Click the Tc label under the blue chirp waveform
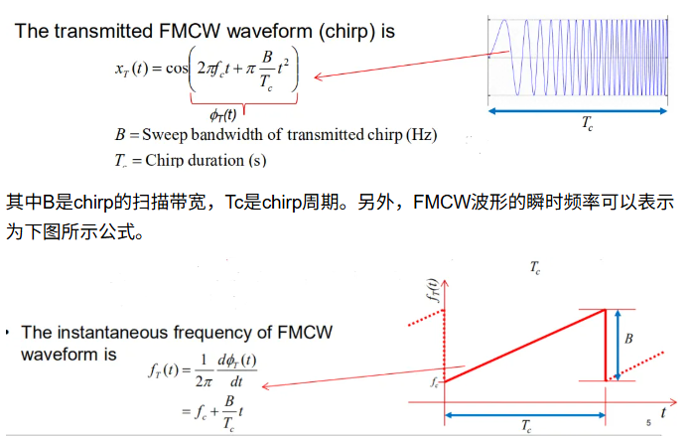pos(588,126)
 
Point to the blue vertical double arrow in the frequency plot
pos(617,344)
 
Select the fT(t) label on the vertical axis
pos(430,294)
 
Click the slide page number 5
pos(648,422)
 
